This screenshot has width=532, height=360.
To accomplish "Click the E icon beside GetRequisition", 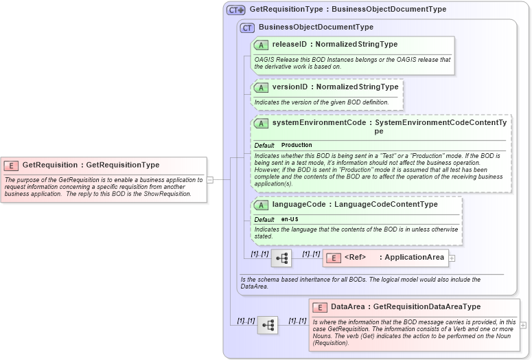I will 12,165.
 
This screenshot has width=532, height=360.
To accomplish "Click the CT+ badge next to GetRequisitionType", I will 236,10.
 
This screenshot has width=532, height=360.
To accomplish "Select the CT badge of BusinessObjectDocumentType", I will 247,27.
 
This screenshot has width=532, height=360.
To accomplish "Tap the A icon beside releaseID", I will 261,45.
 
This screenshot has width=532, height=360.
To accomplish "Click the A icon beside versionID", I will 261,87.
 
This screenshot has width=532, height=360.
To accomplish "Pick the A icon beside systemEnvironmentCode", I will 261,124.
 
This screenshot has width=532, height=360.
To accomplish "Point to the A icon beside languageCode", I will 261,205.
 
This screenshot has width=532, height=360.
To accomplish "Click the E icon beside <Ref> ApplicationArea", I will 333,258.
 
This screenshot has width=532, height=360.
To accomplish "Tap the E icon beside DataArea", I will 320,307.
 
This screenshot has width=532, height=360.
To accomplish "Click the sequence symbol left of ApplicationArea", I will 281,258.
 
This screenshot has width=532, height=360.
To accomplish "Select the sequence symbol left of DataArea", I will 267,325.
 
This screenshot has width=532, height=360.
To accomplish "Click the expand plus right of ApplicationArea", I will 452,258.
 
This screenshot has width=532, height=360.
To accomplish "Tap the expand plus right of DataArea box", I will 524,325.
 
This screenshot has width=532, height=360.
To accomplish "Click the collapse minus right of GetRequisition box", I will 210,180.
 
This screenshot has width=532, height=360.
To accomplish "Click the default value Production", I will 297,146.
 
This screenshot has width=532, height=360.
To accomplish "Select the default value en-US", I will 290,219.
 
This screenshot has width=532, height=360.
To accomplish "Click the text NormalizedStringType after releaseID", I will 356,45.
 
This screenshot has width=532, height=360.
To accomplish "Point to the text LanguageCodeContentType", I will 385,205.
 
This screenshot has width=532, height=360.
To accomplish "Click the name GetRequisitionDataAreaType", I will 426,307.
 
